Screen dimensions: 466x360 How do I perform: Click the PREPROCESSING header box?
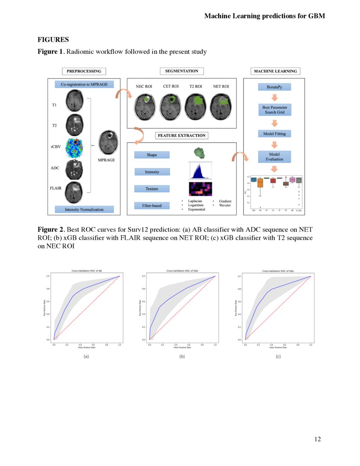pyautogui.click(x=84, y=71)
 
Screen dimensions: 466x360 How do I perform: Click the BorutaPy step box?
pyautogui.click(x=274, y=87)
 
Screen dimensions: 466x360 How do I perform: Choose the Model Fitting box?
pyautogui.click(x=274, y=134)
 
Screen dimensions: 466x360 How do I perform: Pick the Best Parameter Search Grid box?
pyautogui.click(x=274, y=111)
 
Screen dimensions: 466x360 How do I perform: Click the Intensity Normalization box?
pyautogui.click(x=84, y=209)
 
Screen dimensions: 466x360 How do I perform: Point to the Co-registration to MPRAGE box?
pyautogui.click(x=84, y=84)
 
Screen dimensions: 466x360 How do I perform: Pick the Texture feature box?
pyautogui.click(x=152, y=189)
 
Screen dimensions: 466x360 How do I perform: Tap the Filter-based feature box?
pyautogui.click(x=152, y=205)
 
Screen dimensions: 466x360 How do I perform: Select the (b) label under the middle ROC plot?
pyautogui.click(x=182, y=357)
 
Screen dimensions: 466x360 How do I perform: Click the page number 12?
pyautogui.click(x=317, y=439)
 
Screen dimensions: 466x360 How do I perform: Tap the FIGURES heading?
pyautogui.click(x=53, y=40)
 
